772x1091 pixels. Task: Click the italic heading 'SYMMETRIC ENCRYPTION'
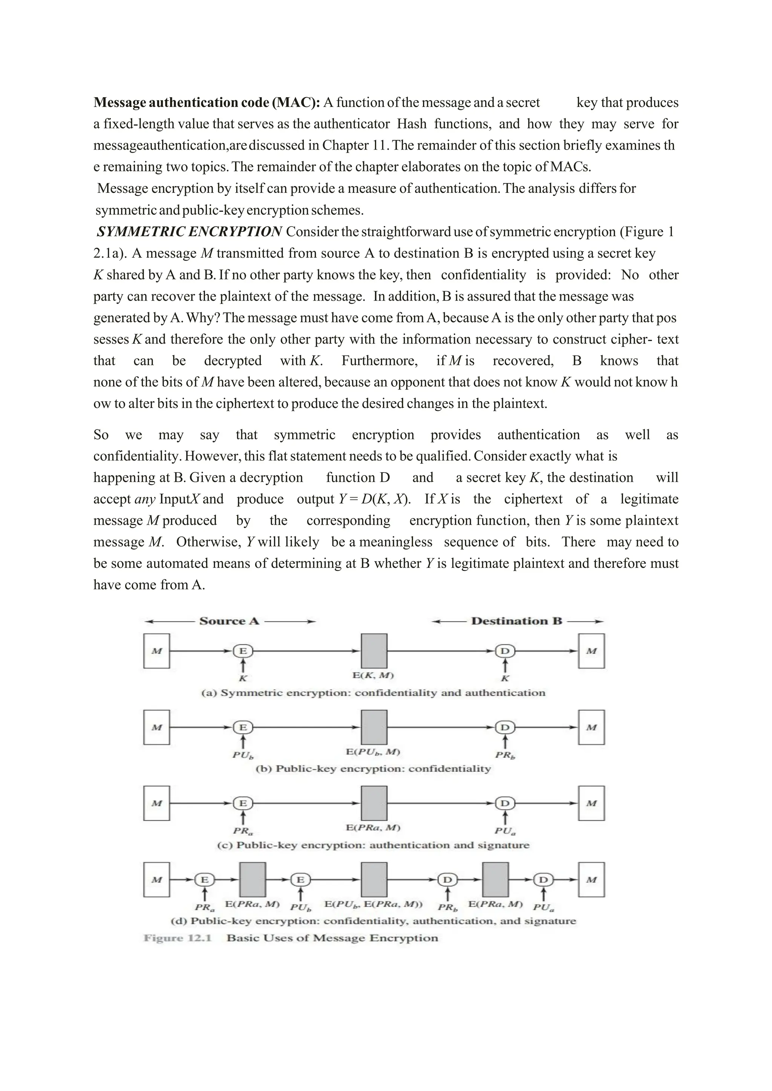pos(189,232)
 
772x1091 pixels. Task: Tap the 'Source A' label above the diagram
pos(229,621)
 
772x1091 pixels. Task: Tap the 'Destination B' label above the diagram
pos(516,621)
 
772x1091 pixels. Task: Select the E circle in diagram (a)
pos(242,651)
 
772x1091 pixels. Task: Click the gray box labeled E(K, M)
pos(374,651)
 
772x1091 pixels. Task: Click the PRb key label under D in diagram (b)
pos(505,755)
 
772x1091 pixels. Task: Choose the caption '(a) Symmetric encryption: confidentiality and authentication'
pos(373,693)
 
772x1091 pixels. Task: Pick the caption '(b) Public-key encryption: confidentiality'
pos(373,769)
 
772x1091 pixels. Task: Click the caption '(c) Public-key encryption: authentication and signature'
pos(373,845)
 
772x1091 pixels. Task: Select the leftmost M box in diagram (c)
pos(156,803)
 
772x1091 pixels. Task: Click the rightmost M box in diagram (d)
pos(591,880)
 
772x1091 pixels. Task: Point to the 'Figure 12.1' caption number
pos(177,938)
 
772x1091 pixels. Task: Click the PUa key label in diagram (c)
pos(505,831)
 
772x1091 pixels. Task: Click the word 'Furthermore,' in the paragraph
pos(379,361)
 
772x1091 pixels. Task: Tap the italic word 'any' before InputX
pos(145,499)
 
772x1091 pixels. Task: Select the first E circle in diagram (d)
pos(204,880)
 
